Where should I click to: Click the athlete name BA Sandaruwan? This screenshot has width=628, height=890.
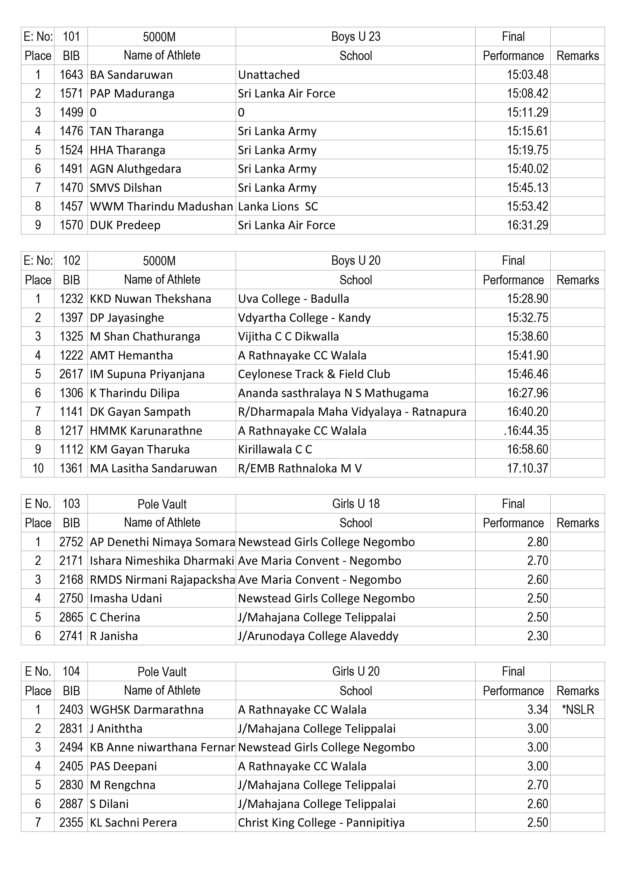pos(131,74)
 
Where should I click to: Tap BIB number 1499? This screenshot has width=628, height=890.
pos(71,112)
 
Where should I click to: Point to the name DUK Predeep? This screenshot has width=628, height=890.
pos(125,225)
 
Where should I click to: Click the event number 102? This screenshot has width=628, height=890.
pos(71,261)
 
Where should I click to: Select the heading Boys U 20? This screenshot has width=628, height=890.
pos(355,261)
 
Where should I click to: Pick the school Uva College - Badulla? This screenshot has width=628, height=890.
pos(293,299)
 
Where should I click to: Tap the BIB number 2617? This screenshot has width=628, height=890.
pos(71,374)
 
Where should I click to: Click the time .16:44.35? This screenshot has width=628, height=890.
pos(526,431)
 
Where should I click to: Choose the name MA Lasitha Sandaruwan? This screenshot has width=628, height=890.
pos(153,468)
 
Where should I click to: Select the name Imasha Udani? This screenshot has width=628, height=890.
pos(126,598)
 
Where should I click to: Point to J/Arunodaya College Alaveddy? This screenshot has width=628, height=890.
pos(318,636)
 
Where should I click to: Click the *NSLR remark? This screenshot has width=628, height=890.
pos(578,709)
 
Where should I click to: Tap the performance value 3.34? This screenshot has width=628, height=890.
pos(537,709)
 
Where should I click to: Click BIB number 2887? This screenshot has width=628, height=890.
pos(71,804)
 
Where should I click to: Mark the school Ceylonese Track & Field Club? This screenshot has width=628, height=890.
pos(314,374)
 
